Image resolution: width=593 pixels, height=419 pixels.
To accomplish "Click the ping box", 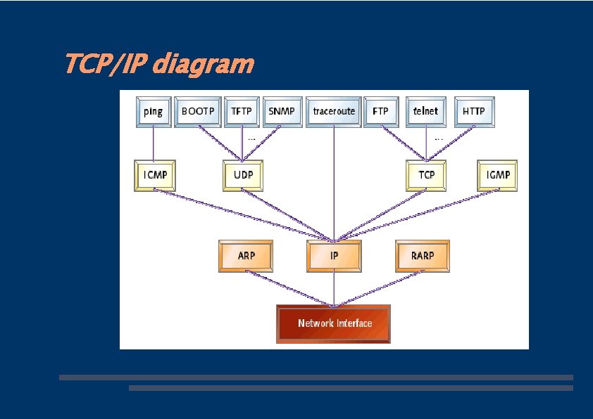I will (154, 112).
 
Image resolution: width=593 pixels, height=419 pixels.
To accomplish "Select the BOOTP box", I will (198, 112).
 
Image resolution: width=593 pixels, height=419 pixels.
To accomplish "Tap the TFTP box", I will (242, 112).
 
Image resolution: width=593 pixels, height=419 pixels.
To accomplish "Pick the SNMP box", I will (282, 112).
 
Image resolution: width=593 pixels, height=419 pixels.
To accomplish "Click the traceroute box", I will (334, 112).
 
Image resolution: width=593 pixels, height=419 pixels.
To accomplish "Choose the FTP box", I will (381, 112).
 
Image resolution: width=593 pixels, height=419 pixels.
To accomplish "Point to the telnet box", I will (426, 112).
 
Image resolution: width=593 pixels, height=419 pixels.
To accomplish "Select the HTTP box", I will (475, 112).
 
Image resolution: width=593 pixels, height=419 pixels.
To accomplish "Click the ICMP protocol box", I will (155, 175).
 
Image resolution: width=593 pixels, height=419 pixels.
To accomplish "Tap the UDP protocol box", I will (243, 175).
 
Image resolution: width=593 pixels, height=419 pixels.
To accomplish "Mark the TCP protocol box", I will (427, 175).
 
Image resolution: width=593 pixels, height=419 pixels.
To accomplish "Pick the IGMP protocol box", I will (497, 175).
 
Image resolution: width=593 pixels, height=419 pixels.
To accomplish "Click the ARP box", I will (246, 256).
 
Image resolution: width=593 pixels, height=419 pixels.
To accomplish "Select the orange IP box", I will (334, 256).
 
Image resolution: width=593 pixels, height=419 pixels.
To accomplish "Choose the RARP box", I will (422, 256).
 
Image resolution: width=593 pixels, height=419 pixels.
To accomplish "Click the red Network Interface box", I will (334, 323).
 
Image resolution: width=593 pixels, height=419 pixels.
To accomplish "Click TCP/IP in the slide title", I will (106, 65).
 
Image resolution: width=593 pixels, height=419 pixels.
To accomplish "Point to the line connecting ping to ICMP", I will (154, 144).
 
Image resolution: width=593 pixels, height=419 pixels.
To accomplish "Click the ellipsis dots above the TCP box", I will (439, 138).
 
